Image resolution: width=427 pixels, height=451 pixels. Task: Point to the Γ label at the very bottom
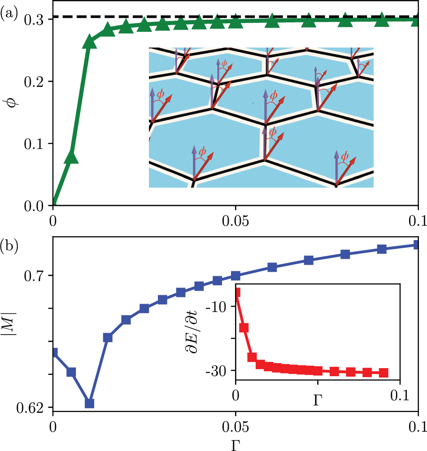point(235,444)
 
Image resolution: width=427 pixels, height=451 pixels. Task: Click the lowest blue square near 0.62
point(89,404)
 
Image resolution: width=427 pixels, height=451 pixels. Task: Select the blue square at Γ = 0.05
point(235,275)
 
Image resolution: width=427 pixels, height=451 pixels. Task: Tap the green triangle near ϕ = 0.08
point(71,157)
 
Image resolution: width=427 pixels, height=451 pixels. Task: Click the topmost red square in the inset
point(236,292)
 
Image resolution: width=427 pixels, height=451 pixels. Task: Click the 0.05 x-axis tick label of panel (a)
point(235,222)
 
